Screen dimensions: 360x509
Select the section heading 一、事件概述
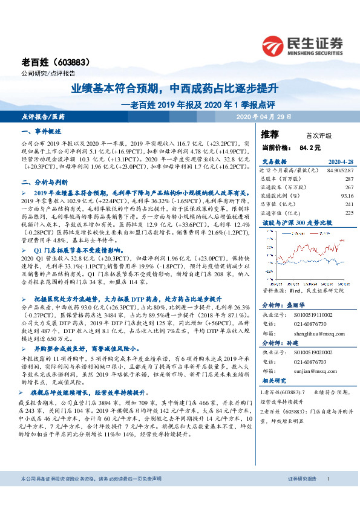pos(42,131)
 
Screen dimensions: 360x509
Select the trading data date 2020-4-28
pos(339,162)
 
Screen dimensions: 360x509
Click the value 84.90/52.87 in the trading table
pos(340,171)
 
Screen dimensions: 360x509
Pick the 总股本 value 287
pos(349,179)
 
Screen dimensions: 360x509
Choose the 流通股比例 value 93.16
pos(347,195)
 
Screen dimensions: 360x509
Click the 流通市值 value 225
pos(349,212)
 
